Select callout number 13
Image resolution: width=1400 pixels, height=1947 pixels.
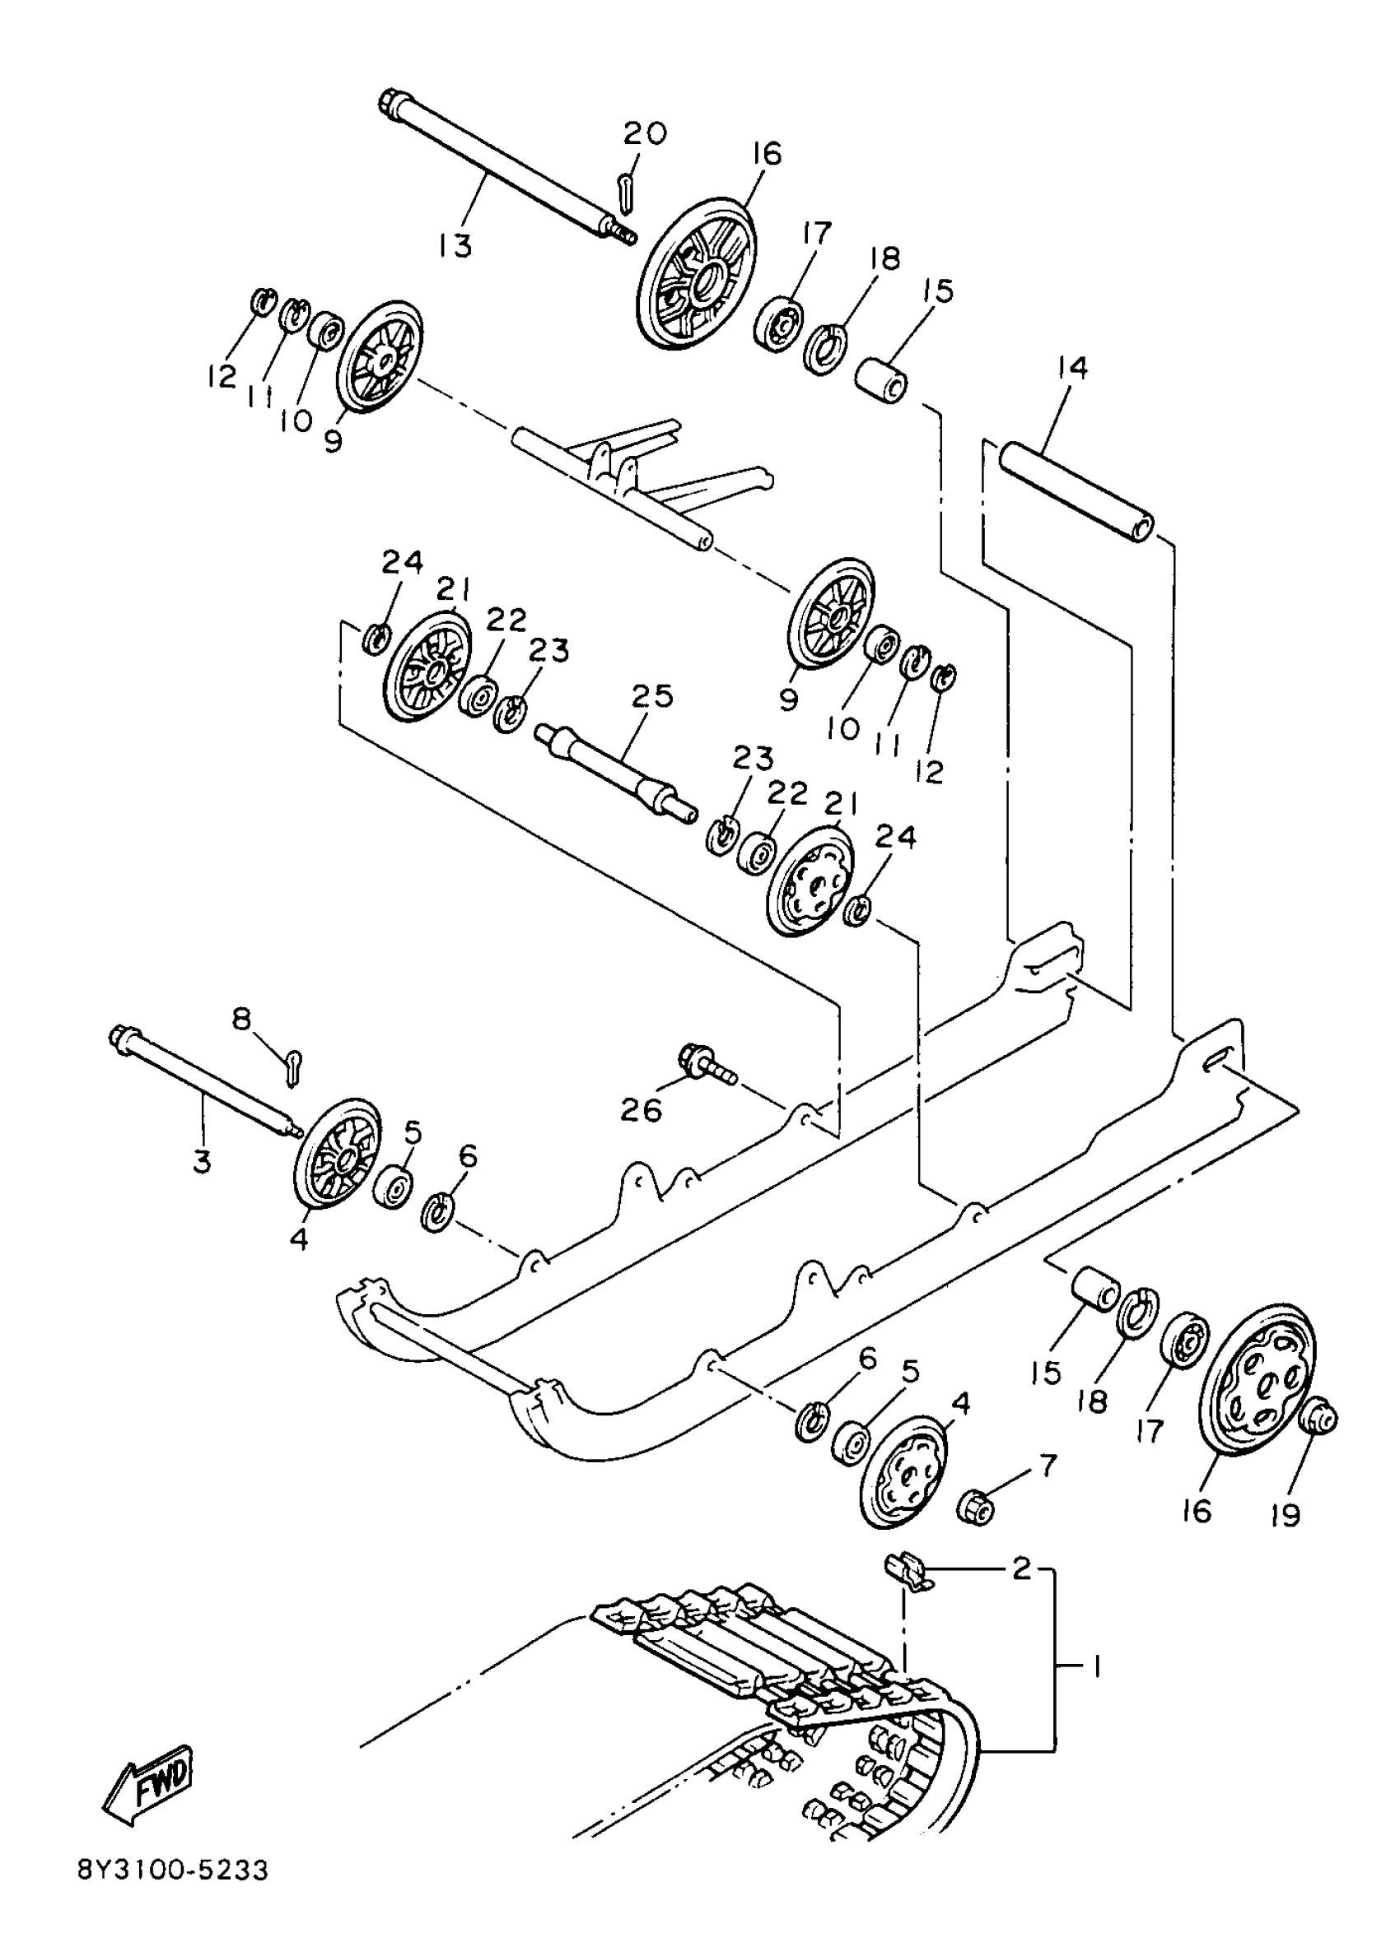point(455,247)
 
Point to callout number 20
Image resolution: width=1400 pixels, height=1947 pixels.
point(644,134)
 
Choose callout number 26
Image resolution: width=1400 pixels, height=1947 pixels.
point(642,1111)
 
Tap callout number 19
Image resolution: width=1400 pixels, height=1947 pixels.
point(1286,1515)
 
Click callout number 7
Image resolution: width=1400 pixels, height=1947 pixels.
point(1048,1466)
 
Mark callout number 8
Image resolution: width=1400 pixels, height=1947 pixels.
point(242,1019)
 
